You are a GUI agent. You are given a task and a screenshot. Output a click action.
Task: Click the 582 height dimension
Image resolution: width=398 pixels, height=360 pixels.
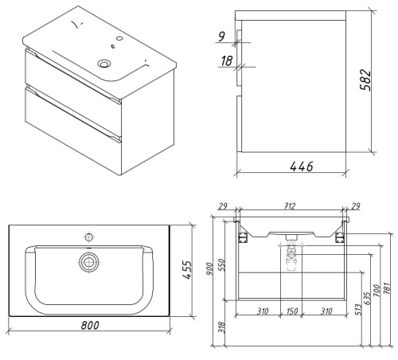(x=365, y=80)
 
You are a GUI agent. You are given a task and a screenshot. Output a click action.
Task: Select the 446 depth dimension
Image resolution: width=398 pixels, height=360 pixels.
(x=302, y=166)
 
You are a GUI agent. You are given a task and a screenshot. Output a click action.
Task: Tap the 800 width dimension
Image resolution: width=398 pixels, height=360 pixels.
(x=90, y=325)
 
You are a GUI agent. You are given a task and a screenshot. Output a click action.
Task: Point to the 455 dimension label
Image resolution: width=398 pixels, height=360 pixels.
(x=187, y=270)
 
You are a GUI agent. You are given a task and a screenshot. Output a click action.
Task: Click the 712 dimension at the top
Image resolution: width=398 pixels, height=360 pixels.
(x=289, y=206)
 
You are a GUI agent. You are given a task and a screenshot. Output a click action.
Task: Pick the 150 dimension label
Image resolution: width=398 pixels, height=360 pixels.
(x=292, y=311)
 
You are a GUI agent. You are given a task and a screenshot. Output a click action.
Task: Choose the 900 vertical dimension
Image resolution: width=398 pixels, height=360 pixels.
(x=209, y=268)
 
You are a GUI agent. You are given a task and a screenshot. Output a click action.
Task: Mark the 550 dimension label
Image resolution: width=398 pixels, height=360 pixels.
(x=221, y=264)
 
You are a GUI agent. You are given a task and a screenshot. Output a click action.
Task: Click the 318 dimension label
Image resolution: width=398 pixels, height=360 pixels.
(x=221, y=327)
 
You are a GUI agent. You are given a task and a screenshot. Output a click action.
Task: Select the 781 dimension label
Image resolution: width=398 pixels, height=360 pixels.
(x=387, y=289)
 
